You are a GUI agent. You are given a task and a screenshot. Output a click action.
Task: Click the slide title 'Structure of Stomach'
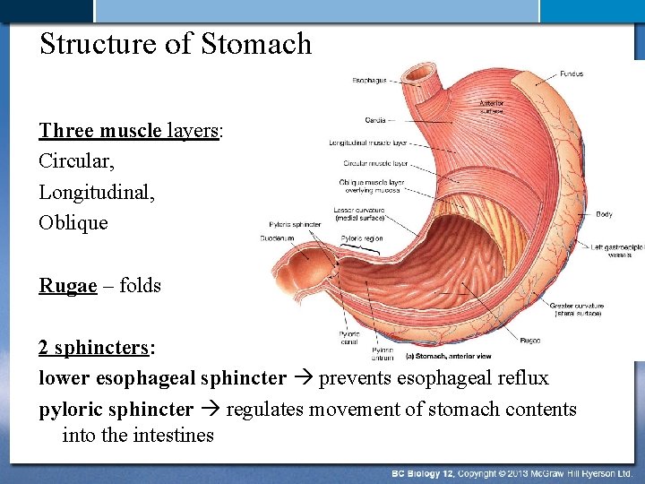tap(176, 44)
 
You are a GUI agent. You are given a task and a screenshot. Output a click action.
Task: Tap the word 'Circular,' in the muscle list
tap(77, 161)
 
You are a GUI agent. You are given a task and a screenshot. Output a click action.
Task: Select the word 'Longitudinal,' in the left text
tap(97, 192)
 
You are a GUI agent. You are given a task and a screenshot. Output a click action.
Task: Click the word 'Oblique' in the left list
tap(73, 222)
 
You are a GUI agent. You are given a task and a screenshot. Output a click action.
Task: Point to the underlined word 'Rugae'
tap(68, 286)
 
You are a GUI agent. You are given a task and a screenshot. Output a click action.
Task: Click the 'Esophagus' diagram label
tap(369, 81)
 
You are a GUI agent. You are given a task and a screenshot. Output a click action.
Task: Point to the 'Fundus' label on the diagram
tap(572, 73)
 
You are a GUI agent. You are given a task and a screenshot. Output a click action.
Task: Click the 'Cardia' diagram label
tap(375, 120)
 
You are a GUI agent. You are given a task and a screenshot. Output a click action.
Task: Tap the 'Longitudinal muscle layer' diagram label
tap(368, 143)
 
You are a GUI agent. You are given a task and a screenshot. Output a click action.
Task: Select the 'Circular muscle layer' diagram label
tap(375, 164)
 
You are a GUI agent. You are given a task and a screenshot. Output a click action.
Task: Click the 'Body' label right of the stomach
tap(604, 214)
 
